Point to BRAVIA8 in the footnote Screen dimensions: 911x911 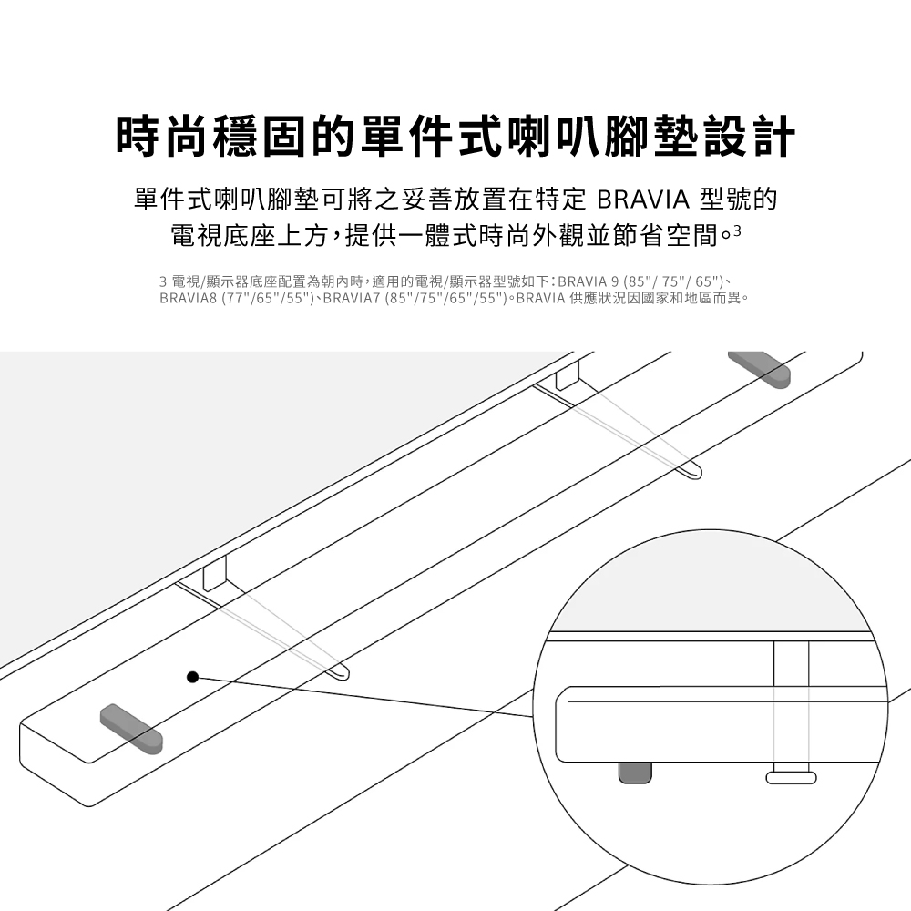coord(189,298)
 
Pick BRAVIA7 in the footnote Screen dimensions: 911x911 coord(353,298)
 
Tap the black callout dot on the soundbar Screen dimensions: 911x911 coord(192,677)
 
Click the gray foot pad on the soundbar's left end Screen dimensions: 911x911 coord(131,728)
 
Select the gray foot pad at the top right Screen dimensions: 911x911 coord(759,369)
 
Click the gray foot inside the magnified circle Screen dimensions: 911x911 coord(635,771)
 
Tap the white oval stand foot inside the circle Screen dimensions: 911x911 coord(791,777)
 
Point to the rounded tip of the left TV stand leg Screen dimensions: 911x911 coord(342,672)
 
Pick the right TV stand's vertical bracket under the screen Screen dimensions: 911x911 coord(567,374)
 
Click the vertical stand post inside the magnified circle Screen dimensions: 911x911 coord(790,701)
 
